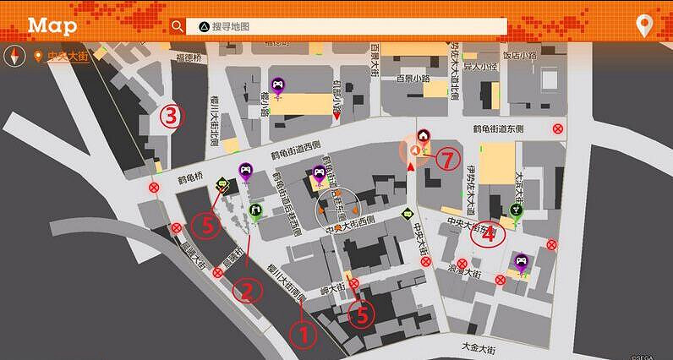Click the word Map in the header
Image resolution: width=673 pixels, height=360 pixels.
52,25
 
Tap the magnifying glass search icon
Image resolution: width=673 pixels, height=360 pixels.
177,26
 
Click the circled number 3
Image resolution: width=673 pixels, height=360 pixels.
172,116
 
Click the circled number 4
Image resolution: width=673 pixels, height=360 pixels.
488,234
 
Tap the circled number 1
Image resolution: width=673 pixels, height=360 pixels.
304,334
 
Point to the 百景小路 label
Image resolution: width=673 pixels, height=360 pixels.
413,79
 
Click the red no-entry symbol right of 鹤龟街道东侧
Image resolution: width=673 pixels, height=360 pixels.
558,129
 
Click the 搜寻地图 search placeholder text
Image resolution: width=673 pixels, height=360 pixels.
231,26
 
